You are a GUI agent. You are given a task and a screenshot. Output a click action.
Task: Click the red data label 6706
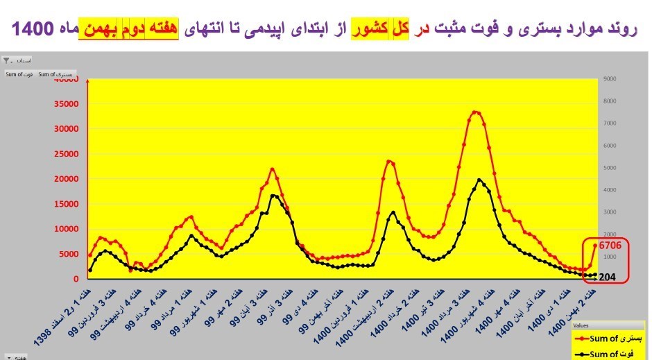pos(614,245)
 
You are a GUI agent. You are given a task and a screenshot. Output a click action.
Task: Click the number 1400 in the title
pos(32,30)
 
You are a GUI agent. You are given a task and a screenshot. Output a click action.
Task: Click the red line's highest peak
pos(475,111)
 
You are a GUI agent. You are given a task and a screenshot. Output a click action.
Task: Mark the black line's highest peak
pos(480,180)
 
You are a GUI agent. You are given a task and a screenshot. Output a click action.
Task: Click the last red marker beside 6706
pos(595,245)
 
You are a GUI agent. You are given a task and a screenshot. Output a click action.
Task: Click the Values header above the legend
pos(582,324)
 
